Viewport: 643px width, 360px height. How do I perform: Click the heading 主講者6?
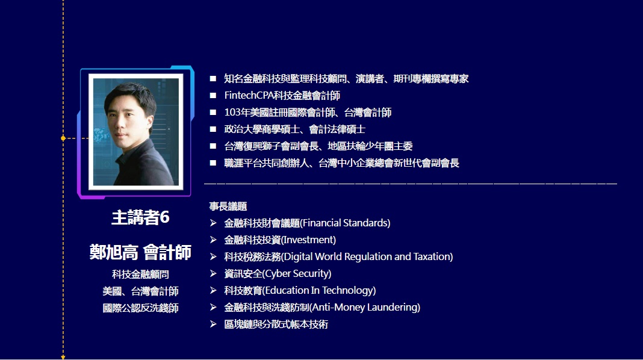140,217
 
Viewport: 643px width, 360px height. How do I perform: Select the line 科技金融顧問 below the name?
140,274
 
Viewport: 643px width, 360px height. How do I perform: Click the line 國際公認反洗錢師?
140,308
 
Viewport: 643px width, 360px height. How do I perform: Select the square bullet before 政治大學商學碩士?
213,129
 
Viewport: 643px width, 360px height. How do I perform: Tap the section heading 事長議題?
228,206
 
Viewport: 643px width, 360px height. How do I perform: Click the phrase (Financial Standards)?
346,223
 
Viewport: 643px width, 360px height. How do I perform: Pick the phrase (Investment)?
308,240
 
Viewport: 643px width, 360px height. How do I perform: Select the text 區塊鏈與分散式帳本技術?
276,324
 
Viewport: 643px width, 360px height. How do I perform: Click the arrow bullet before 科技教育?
213,290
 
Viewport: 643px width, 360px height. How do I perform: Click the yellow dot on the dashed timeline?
63,138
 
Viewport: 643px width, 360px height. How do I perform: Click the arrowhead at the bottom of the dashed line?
63,358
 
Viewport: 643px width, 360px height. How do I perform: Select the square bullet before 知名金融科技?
213,79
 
